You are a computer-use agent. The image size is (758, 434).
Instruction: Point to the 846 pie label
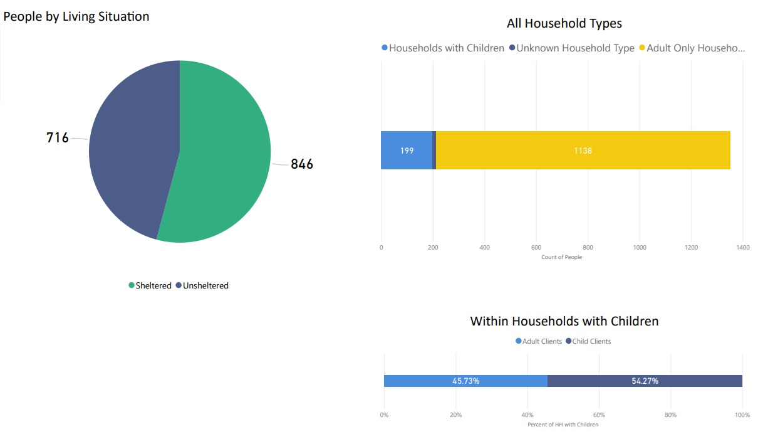point(302,164)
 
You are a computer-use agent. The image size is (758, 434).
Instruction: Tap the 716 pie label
point(58,137)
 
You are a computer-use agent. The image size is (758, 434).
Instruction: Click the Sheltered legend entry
point(150,286)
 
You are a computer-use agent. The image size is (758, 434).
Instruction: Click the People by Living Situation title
point(76,17)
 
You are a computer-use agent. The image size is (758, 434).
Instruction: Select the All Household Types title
point(564,24)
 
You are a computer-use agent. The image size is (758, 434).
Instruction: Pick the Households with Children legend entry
point(443,48)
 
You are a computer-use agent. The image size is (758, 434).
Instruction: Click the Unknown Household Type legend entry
point(571,48)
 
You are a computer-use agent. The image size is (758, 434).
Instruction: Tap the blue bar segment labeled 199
point(406,151)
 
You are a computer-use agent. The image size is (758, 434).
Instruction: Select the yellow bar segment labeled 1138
point(583,151)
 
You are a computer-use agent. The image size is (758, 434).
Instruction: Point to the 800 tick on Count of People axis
point(588,248)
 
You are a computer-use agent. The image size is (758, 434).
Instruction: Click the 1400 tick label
point(742,248)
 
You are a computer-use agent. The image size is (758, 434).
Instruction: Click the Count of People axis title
point(561,258)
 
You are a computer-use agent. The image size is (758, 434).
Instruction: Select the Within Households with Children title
point(564,321)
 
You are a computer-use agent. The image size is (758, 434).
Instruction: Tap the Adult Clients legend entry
point(539,342)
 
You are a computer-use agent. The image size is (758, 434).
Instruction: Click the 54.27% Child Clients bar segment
point(645,381)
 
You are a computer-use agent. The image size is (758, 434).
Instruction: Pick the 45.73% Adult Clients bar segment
point(465,381)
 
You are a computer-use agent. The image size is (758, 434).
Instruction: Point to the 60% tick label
point(599,415)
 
